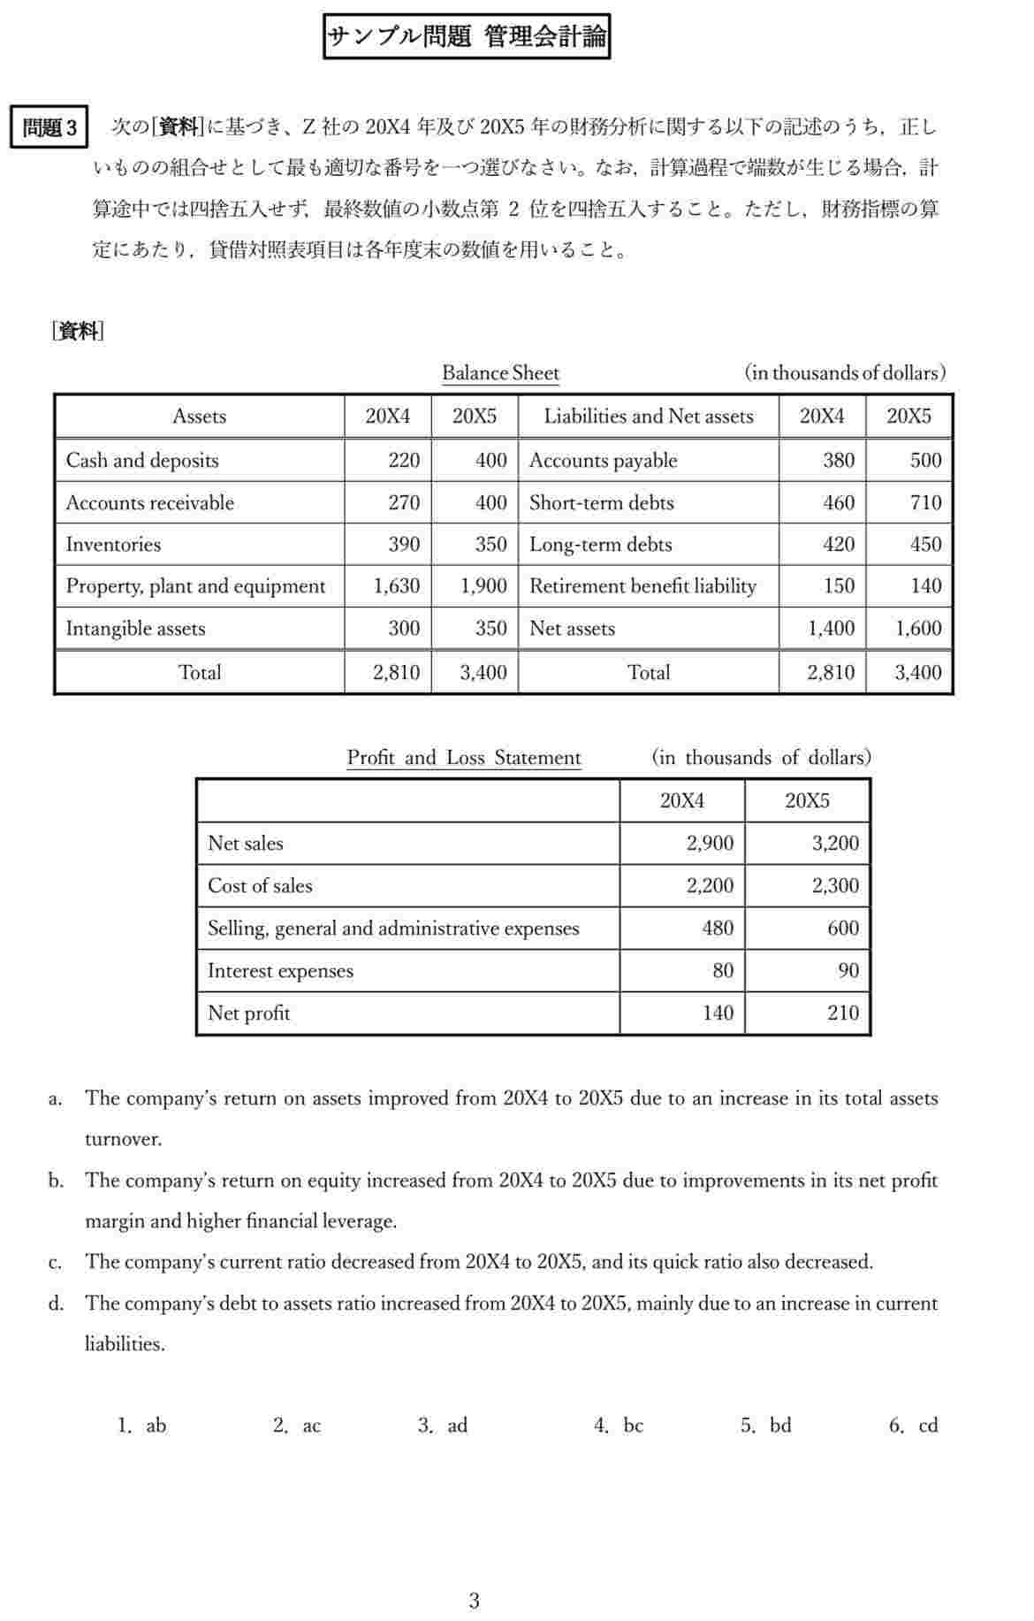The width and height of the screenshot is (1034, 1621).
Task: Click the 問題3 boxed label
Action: (49, 128)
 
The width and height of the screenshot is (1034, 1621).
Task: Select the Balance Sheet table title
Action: (500, 373)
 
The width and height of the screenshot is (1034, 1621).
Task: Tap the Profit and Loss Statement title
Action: (463, 758)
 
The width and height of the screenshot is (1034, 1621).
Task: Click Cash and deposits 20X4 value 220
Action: (404, 460)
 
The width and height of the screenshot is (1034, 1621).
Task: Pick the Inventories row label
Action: (113, 545)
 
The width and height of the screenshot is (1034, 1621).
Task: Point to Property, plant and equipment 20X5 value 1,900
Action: (483, 586)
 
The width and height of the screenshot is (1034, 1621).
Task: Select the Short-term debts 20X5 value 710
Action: (925, 503)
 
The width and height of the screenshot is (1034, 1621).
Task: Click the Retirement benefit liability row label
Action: (642, 586)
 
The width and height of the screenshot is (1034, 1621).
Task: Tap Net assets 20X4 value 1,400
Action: (831, 629)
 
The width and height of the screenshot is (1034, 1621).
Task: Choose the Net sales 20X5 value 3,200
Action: (835, 844)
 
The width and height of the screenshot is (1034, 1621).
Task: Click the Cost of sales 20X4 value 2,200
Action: (710, 886)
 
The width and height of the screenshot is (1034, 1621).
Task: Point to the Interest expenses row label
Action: (280, 971)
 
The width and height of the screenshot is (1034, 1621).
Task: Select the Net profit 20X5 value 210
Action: (843, 1013)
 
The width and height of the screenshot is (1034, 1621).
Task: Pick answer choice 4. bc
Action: (620, 1426)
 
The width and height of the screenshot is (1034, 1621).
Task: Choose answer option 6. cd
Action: (914, 1426)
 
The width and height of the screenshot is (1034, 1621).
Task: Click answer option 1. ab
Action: (142, 1426)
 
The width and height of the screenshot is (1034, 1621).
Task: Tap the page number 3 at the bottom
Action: (475, 1601)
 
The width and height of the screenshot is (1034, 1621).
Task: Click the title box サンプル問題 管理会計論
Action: (467, 37)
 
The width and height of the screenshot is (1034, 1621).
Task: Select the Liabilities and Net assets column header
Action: (648, 417)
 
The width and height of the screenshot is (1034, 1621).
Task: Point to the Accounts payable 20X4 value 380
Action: (838, 460)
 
